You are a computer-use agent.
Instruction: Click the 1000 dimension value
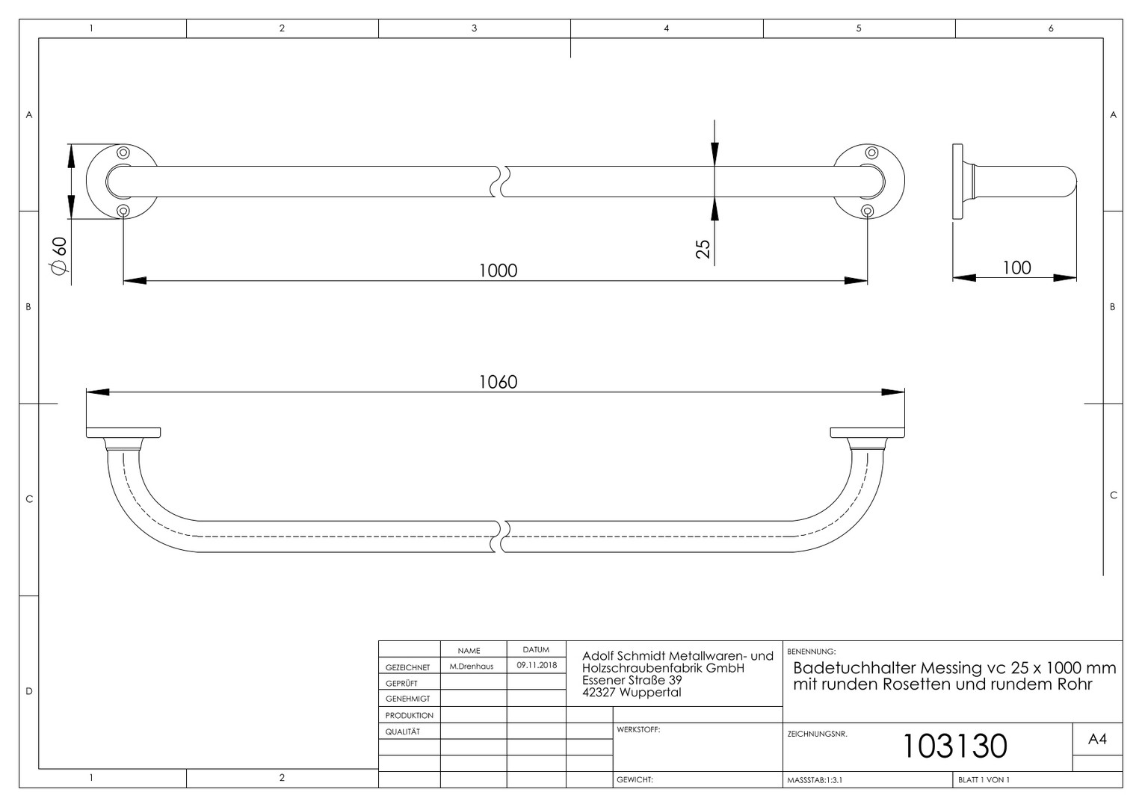click(498, 270)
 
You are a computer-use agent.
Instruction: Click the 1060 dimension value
click(498, 382)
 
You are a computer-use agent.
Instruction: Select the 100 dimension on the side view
click(1016, 268)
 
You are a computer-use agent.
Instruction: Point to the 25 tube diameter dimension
click(703, 249)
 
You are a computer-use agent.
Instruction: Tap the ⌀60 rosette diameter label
click(59, 256)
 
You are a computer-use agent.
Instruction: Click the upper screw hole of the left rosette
click(123, 152)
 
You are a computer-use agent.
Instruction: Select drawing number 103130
click(955, 746)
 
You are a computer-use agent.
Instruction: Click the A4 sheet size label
click(1097, 739)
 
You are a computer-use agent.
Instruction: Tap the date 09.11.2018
click(536, 665)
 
